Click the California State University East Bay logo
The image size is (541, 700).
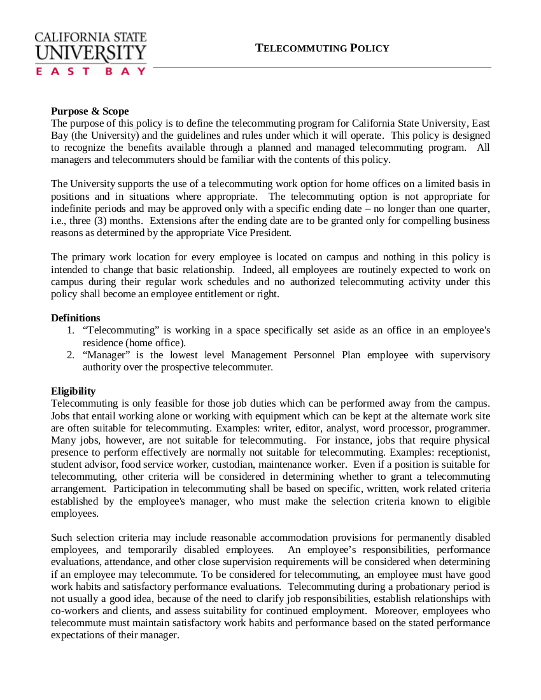pyautogui.click(x=91, y=54)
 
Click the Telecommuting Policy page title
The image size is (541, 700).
pyautogui.click(x=322, y=48)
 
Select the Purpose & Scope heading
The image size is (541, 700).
pyautogui.click(x=90, y=111)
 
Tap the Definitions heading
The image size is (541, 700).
pyautogui.click(x=76, y=318)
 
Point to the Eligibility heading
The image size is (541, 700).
pyautogui.click(x=73, y=391)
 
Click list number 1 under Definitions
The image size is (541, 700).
pyautogui.click(x=70, y=330)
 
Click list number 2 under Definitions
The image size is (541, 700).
pyautogui.click(x=70, y=354)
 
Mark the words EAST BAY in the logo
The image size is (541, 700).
pyautogui.click(x=91, y=71)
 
